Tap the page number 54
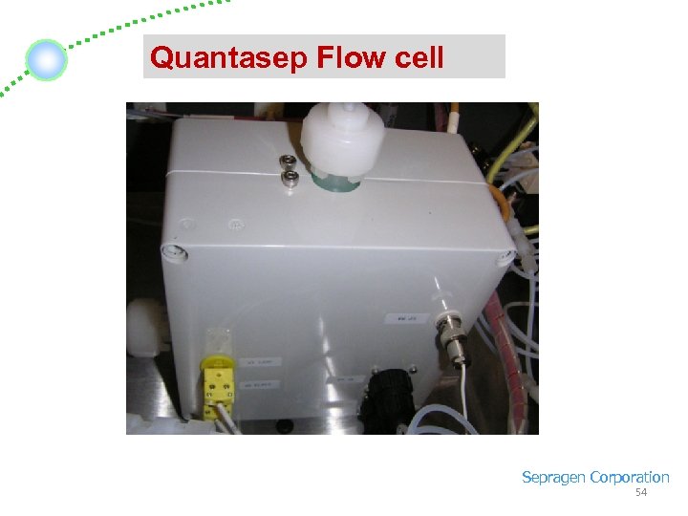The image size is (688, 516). coord(641,492)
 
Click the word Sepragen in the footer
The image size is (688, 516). coord(553,477)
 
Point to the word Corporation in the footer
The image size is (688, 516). coord(630,477)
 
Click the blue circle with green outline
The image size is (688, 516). coord(45,60)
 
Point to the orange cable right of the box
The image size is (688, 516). coord(499,204)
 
